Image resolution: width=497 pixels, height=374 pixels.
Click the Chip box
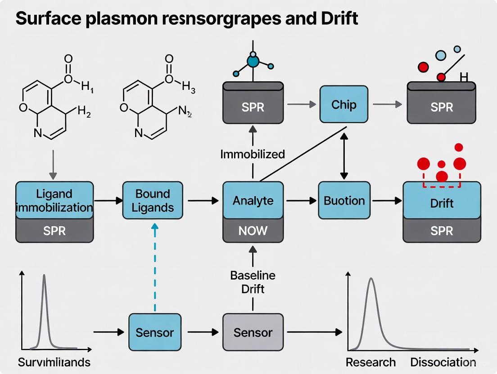[x=344, y=104]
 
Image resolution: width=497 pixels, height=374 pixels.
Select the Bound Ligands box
[x=153, y=200]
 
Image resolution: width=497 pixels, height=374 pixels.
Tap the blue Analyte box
[x=253, y=200]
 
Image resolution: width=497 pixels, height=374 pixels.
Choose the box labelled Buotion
[x=344, y=200]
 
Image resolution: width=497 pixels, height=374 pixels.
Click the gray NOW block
[x=253, y=231]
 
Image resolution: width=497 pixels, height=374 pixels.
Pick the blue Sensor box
[x=154, y=332]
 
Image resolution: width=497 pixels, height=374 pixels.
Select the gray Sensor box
[x=253, y=332]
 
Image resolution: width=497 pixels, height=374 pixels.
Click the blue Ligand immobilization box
[x=54, y=200]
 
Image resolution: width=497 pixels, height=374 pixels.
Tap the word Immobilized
[x=253, y=154]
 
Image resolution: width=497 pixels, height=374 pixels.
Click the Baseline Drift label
[x=253, y=282]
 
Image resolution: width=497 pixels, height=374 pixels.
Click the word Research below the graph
[x=370, y=362]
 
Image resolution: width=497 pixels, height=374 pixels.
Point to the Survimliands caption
[x=54, y=362]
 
